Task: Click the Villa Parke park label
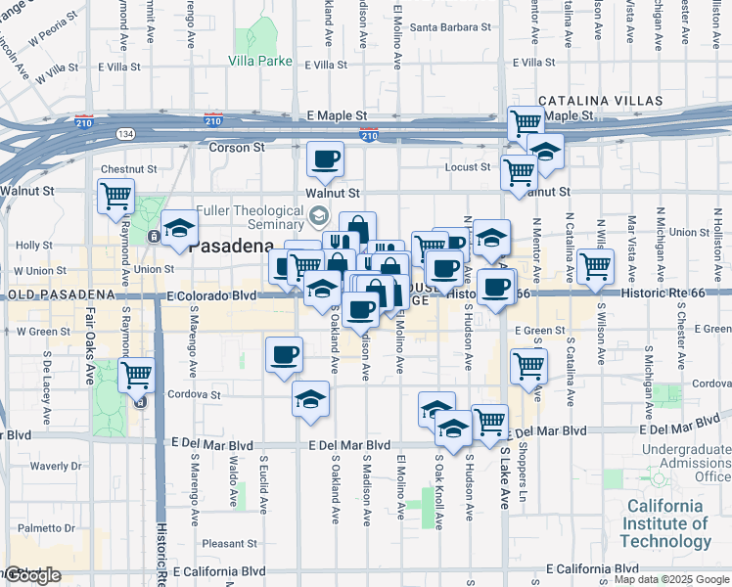[x=259, y=61]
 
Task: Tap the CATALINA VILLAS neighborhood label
[x=600, y=101]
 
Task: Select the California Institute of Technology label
[x=664, y=523]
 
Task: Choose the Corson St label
[x=237, y=148]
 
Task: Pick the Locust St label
[x=467, y=167]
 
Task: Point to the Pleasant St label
[x=229, y=543]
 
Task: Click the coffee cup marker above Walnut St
[x=326, y=158]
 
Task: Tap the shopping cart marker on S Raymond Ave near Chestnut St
[x=116, y=197]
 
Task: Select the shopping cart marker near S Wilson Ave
[x=595, y=265]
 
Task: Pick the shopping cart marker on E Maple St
[x=526, y=122]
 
